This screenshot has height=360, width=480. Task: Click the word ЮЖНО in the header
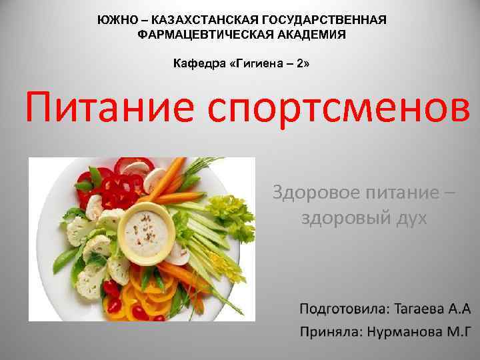(115, 19)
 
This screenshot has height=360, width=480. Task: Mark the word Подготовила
(342, 309)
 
